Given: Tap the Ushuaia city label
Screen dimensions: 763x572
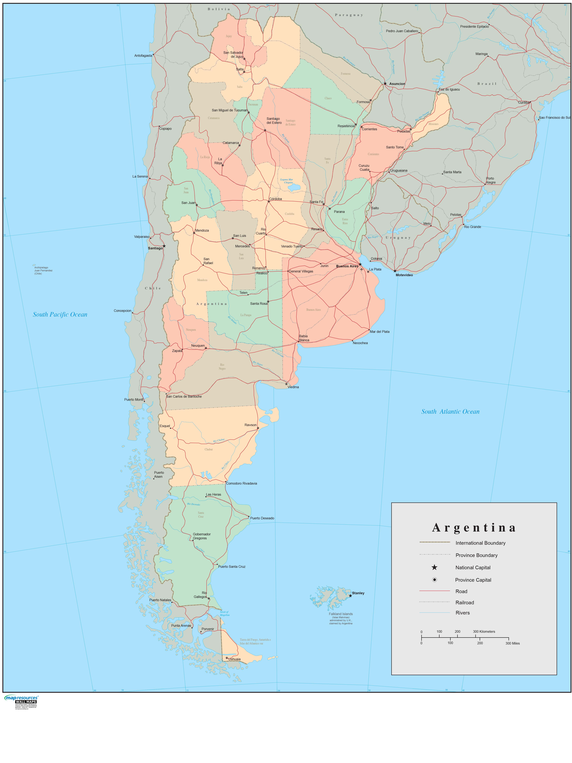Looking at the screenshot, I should click(x=234, y=659).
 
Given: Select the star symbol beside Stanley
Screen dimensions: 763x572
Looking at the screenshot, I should click(x=350, y=596).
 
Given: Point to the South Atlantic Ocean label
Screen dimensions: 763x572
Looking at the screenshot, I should click(x=450, y=412).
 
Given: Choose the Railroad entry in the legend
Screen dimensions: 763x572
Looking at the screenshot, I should click(x=464, y=603).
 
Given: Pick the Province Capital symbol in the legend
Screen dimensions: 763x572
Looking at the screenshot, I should click(x=434, y=580).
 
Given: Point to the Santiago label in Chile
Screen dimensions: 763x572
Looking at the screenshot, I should click(x=155, y=248).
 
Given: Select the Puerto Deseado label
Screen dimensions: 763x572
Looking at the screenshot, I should click(x=262, y=518).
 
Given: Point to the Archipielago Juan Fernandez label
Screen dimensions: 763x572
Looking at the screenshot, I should click(x=43, y=270).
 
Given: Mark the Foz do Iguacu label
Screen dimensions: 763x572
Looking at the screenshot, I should click(x=449, y=89).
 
